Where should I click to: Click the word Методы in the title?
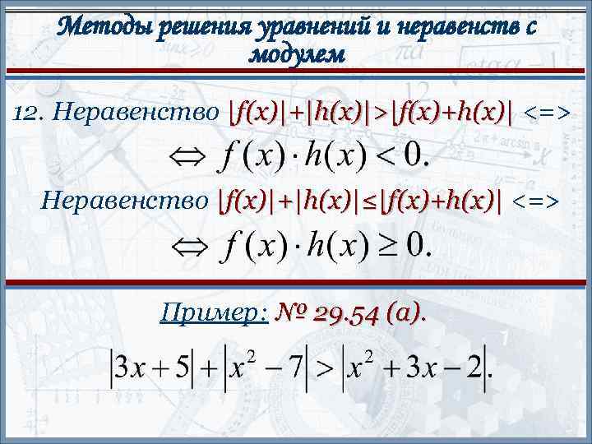[99, 28]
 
